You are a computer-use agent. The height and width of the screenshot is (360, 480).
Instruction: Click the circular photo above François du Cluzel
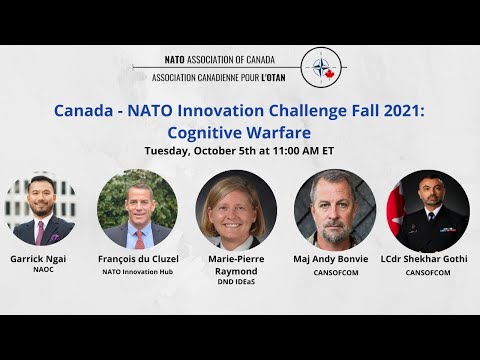(137, 208)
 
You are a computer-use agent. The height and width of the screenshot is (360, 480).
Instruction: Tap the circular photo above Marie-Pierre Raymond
(235, 208)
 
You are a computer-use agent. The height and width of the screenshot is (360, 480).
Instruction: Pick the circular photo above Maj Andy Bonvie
(333, 208)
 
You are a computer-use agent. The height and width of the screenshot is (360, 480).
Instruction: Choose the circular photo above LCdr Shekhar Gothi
(427, 208)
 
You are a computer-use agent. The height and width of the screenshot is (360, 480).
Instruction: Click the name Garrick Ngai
(41, 257)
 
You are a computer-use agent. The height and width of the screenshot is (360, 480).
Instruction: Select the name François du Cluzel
(139, 257)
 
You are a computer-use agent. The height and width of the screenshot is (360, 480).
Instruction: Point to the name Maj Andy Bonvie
(333, 257)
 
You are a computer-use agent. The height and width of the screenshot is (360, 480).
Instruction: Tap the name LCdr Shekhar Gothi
(428, 257)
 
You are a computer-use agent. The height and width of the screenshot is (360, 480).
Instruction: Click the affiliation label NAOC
(41, 271)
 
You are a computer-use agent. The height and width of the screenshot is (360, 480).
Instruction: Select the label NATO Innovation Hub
(139, 271)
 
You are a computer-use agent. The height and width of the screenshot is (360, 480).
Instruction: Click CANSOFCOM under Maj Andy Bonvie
(333, 271)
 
